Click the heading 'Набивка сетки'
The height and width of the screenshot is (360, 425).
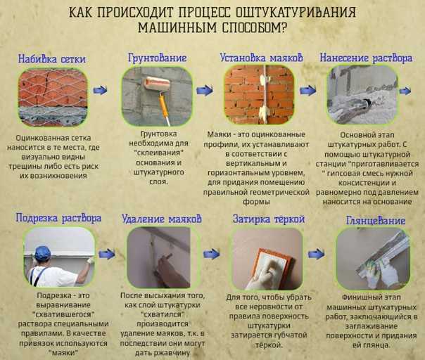click(52, 59)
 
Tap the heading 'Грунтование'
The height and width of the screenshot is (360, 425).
click(157, 58)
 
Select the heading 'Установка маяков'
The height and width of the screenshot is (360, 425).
click(261, 58)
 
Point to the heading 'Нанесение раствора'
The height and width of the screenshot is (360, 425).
click(366, 58)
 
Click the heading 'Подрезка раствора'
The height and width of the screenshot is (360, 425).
click(58, 218)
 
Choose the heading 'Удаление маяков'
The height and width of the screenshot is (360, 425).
click(162, 219)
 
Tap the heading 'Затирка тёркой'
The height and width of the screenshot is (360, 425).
click(269, 219)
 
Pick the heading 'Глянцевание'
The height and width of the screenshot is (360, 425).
click(376, 221)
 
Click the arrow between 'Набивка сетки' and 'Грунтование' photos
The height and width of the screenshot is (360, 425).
click(100, 90)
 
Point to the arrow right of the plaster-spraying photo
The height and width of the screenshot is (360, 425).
click(405, 91)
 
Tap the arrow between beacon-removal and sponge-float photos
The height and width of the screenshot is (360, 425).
click(211, 254)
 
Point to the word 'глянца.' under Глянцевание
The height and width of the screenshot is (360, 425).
click(371, 345)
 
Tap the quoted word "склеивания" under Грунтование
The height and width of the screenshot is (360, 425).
click(159, 153)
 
